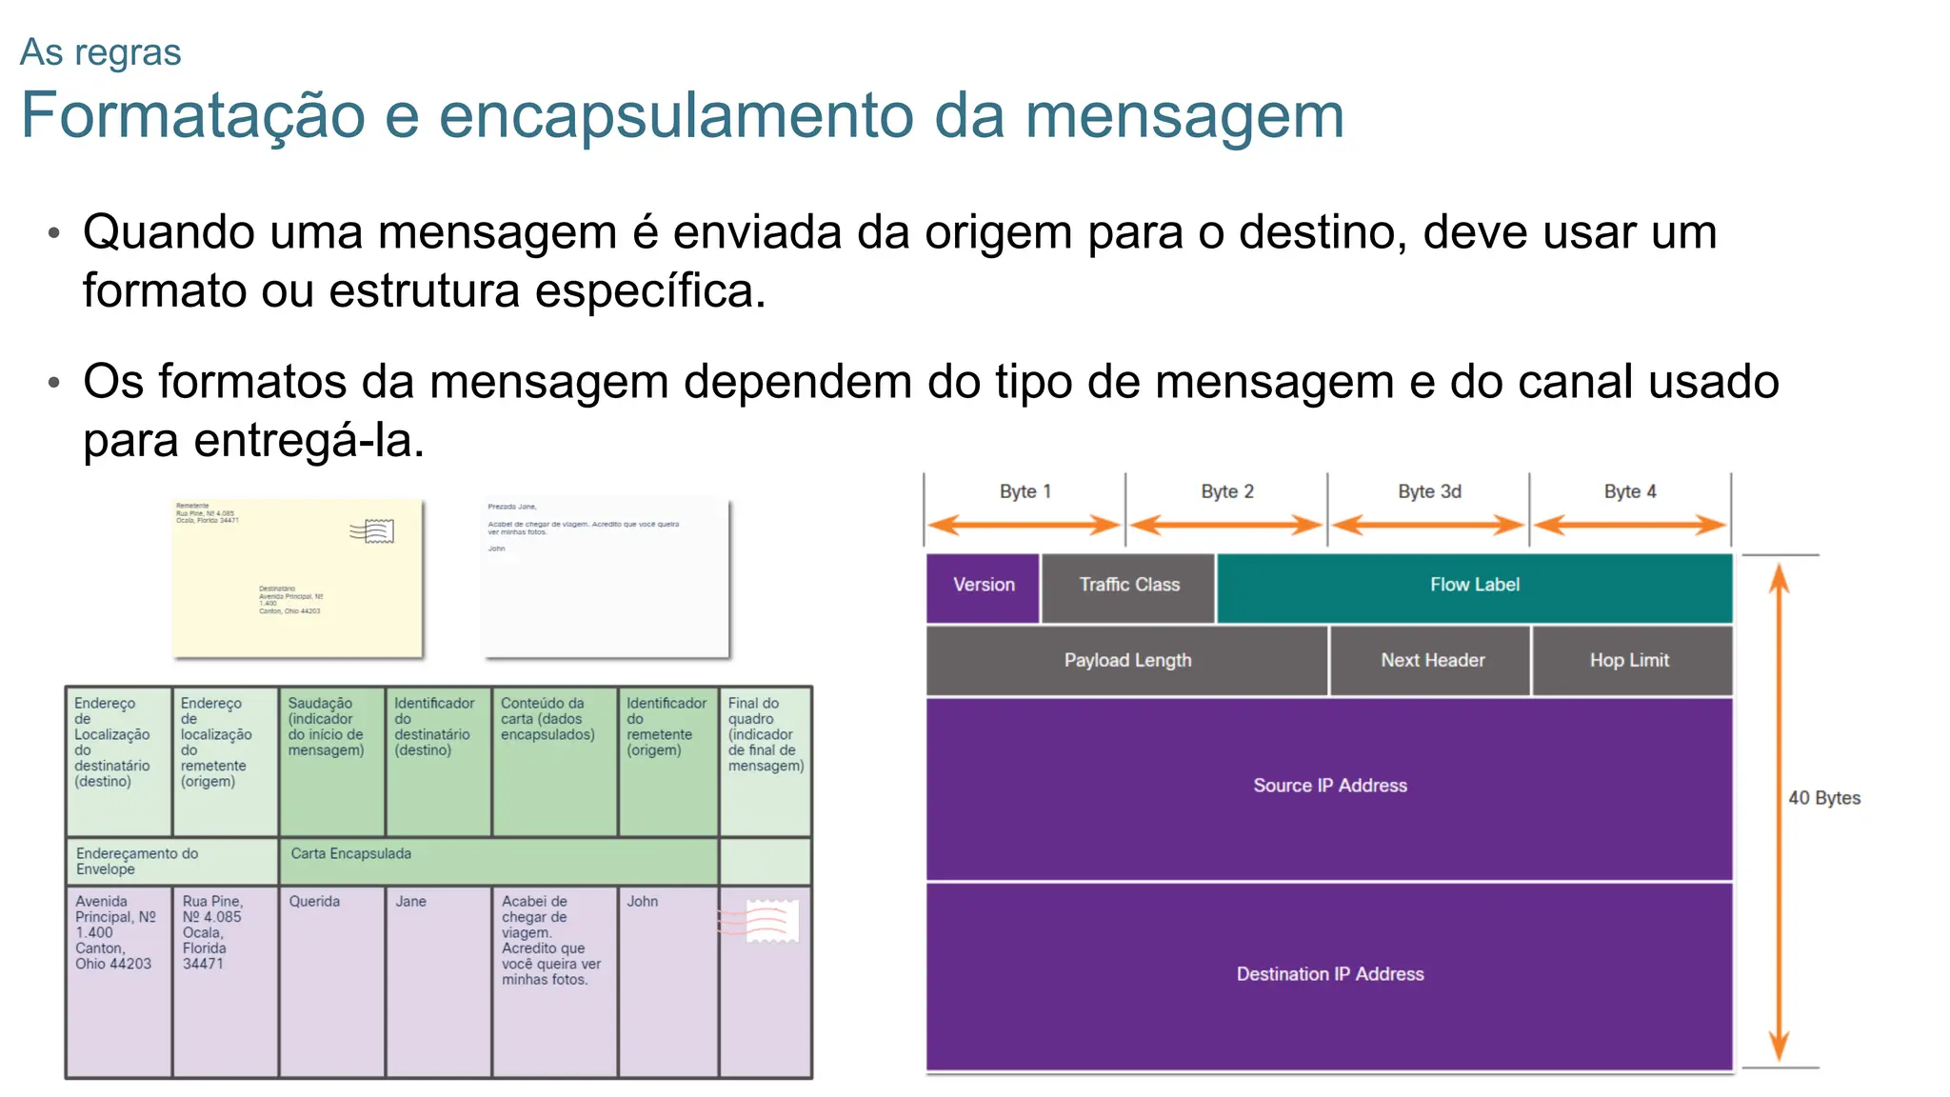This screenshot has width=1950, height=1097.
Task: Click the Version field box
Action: (x=983, y=586)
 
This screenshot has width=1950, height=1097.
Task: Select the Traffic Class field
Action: (x=1128, y=586)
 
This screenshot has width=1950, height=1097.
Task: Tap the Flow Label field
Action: (x=1474, y=586)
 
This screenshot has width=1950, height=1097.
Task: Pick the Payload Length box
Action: (x=1127, y=661)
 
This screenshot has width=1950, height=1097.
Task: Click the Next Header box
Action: (x=1432, y=661)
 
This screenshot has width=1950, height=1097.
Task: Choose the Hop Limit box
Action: (x=1629, y=661)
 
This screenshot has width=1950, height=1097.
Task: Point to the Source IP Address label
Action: (x=1329, y=786)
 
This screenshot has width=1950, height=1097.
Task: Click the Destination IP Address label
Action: (x=1329, y=974)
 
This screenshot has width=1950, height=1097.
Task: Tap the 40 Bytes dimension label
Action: (x=1823, y=798)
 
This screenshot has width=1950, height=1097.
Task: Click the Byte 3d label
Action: (x=1429, y=491)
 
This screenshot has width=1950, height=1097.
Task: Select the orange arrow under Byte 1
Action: (x=1025, y=525)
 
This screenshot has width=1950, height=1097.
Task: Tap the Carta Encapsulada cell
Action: (x=498, y=860)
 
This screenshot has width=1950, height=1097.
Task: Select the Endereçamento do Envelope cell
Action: (x=171, y=861)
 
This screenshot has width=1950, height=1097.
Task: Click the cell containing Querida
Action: (x=331, y=981)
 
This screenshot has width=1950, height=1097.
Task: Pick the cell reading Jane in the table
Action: (x=438, y=981)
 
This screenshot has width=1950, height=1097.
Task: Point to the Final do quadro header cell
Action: (x=766, y=761)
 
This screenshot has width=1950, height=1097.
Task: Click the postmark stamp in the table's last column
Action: (x=768, y=921)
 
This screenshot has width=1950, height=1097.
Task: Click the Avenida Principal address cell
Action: (x=118, y=981)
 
